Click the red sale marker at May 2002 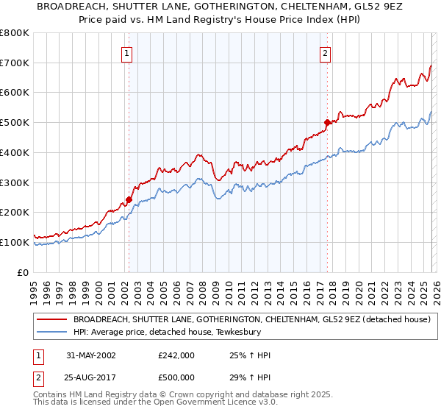point(129,199)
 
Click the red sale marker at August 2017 point(327,122)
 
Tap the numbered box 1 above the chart point(127,53)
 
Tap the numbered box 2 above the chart point(325,53)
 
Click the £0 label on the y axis point(22,272)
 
